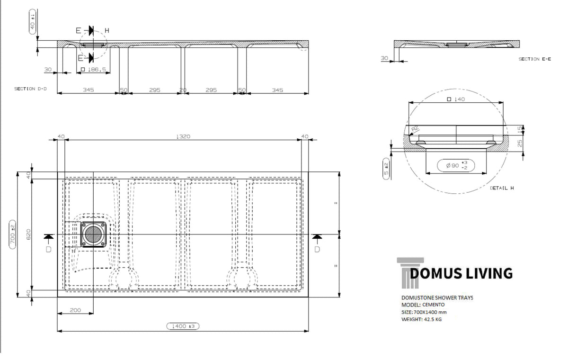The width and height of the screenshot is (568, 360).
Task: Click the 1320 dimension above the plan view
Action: (183, 136)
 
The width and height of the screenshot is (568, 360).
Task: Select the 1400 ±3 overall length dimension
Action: (183, 326)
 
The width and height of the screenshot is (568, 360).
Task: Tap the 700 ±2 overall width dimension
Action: (12, 234)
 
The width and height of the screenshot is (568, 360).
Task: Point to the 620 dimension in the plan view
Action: (28, 234)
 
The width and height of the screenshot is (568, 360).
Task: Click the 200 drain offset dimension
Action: (75, 310)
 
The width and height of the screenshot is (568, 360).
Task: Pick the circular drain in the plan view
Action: (93, 234)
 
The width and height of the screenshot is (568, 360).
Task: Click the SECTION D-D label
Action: (30, 89)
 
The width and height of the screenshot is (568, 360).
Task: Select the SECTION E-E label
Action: (534, 59)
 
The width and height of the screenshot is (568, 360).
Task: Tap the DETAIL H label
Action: (502, 188)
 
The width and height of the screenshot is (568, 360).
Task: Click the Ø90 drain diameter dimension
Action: (456, 165)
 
